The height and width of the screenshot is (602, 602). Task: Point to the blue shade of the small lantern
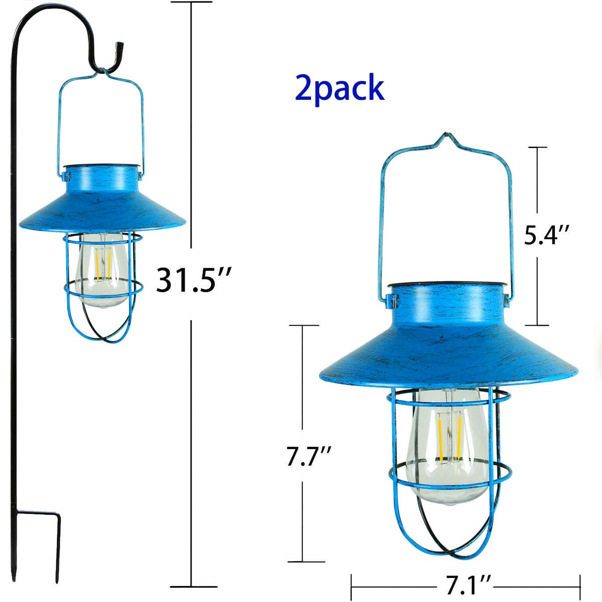[103, 203]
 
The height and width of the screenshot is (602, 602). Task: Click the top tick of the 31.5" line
[191, 3]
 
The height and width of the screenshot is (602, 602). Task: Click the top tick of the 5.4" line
[537, 147]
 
